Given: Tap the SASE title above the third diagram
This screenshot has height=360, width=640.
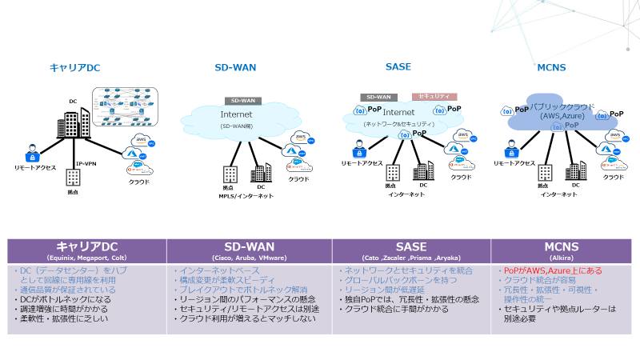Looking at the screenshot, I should pyautogui.click(x=398, y=68).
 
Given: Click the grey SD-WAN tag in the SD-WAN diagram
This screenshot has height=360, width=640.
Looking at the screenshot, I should pyautogui.click(x=242, y=101).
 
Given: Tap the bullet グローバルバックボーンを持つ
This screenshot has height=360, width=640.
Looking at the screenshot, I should pyautogui.click(x=391, y=281).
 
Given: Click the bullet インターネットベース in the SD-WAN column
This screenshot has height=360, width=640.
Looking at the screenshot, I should pyautogui.click(x=213, y=272).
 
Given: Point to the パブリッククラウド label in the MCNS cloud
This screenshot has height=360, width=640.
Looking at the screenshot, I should pyautogui.click(x=558, y=106).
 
